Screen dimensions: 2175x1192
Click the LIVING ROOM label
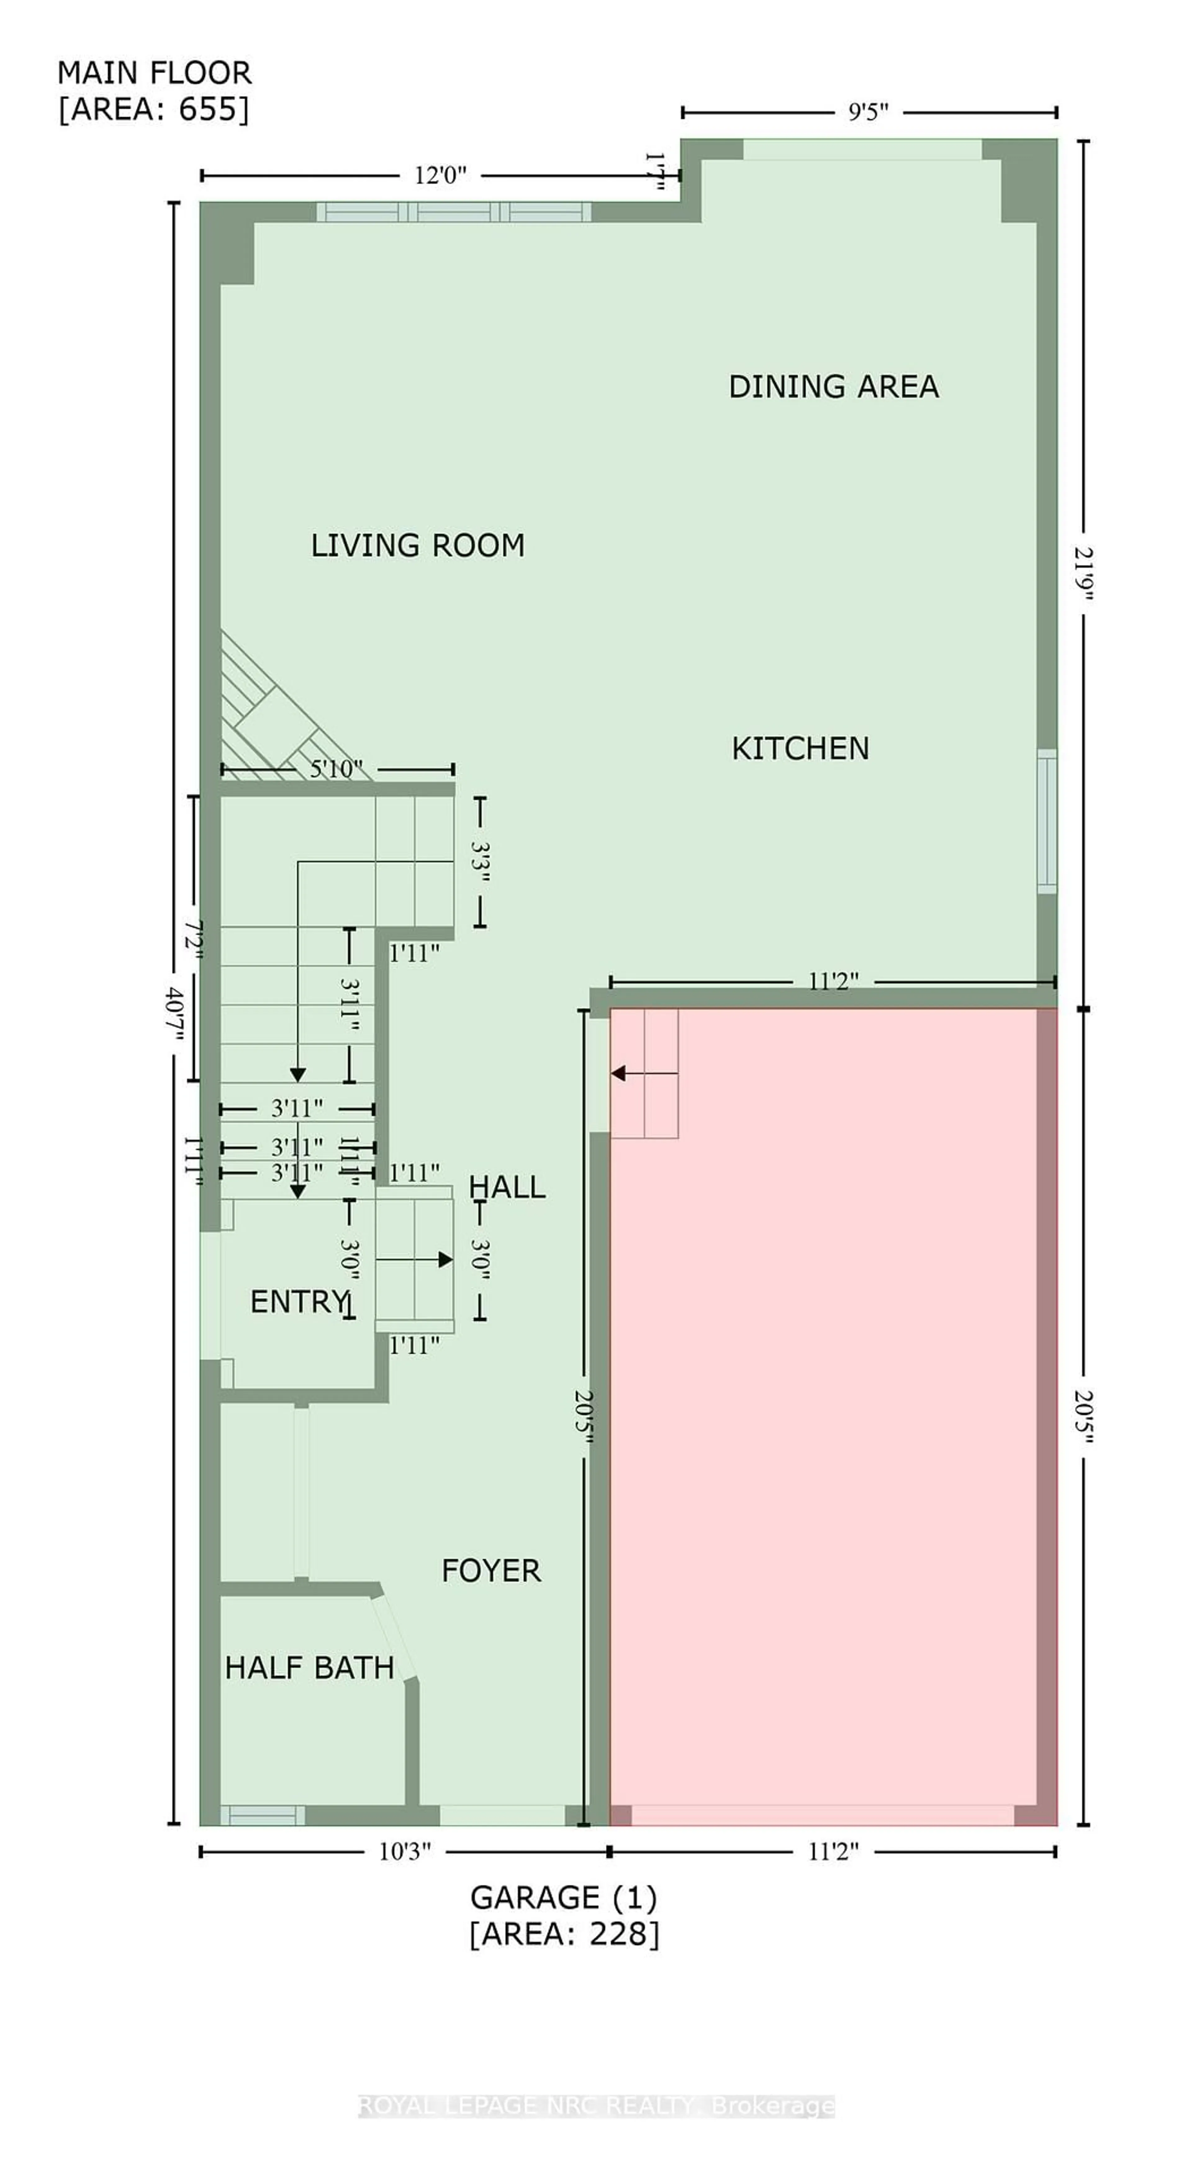(418, 545)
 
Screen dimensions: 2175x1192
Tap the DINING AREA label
(833, 387)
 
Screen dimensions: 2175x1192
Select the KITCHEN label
(799, 748)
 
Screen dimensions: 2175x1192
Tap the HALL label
(507, 1187)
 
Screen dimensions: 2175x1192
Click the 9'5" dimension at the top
(868, 112)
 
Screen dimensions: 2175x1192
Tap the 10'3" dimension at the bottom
(404, 1852)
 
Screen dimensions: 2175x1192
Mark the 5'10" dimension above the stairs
(336, 769)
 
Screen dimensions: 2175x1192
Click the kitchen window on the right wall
(1047, 821)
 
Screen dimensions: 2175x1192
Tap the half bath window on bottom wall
(263, 1815)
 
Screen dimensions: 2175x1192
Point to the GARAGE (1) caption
(563, 1898)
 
